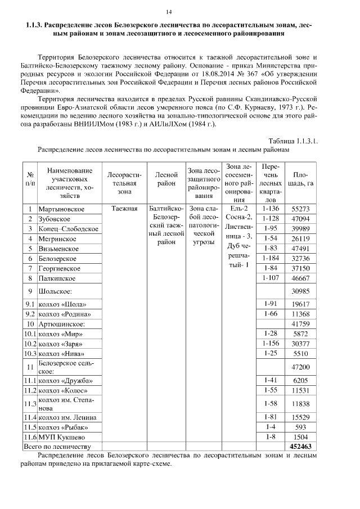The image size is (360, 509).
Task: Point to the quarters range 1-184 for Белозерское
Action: click(x=271, y=258)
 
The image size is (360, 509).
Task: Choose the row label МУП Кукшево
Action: click(x=61, y=437)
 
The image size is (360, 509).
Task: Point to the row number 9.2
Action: click(x=30, y=313)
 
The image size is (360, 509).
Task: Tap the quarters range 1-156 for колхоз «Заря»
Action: click(x=271, y=344)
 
